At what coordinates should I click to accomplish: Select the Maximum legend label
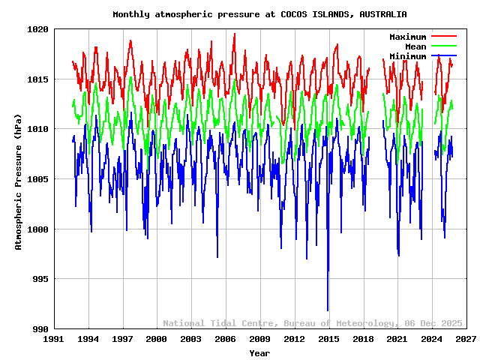[x=407, y=37]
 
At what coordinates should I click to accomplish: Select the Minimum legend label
[x=407, y=56]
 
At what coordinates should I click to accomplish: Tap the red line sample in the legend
[x=444, y=37]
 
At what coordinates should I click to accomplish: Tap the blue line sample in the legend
[x=444, y=56]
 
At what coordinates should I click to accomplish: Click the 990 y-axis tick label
[x=40, y=329]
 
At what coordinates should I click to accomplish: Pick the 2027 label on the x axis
[x=466, y=340]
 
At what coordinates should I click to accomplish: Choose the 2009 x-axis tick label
[x=259, y=340]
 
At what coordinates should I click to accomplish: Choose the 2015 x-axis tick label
[x=328, y=340]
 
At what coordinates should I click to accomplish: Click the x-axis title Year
[x=259, y=352]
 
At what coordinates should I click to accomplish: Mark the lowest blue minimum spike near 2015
[x=328, y=309]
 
